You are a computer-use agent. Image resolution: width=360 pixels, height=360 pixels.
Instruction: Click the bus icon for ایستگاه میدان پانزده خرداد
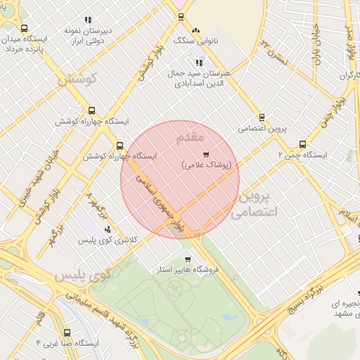25,29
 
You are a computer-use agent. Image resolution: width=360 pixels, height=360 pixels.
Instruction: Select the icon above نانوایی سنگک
196,31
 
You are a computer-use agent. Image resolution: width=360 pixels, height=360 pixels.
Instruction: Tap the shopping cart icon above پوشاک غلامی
205,154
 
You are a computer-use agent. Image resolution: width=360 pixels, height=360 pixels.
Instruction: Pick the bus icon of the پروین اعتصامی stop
262,117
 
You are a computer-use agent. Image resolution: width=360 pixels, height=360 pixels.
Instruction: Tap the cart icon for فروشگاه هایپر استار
167,259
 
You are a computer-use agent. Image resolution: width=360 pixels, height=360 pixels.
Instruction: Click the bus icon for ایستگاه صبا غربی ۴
67,333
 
